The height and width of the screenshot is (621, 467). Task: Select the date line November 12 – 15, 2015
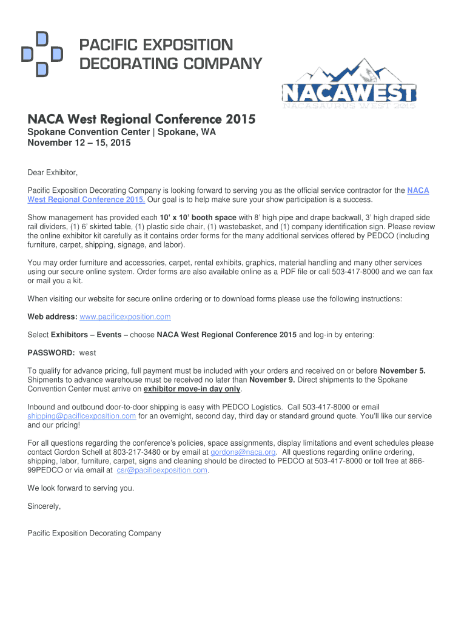click(x=79, y=143)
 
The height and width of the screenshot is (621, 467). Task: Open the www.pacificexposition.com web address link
click(x=125, y=317)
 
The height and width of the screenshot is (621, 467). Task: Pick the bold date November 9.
click(x=272, y=380)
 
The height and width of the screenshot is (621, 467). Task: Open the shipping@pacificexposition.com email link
click(x=82, y=416)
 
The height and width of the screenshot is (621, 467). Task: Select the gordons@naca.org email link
click(x=243, y=452)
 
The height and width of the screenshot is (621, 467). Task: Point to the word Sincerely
click(x=44, y=506)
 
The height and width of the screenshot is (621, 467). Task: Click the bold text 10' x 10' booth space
click(x=198, y=217)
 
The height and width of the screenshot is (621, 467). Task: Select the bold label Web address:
click(x=52, y=317)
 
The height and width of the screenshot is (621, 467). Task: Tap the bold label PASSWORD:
click(x=51, y=352)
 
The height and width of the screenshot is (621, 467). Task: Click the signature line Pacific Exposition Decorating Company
click(x=95, y=533)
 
